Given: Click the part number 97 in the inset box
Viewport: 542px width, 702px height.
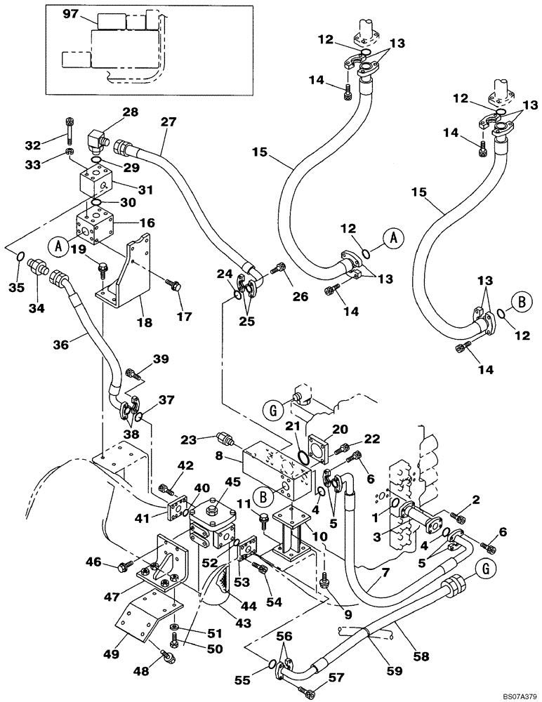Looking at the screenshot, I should coord(72,13).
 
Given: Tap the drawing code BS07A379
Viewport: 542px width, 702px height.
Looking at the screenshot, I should coord(516,694).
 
